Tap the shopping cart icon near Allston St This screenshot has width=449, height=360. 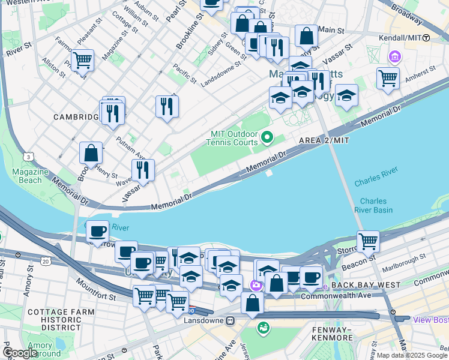(x=82, y=59)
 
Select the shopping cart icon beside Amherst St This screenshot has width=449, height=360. (x=388, y=77)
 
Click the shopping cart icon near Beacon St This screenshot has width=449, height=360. (x=368, y=241)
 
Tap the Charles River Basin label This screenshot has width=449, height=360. (x=376, y=206)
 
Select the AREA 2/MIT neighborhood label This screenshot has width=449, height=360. (x=324, y=140)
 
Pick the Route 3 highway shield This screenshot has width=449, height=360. (x=28, y=157)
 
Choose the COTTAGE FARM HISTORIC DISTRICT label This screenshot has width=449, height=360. (x=53, y=320)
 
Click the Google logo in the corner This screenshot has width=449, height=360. (x=20, y=352)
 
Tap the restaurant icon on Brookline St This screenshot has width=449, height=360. (x=167, y=107)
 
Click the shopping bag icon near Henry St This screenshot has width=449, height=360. (x=91, y=153)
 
